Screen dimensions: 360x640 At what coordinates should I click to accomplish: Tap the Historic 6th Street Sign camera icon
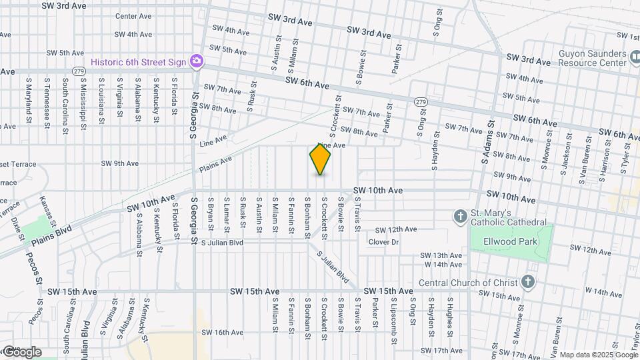click(x=196, y=61)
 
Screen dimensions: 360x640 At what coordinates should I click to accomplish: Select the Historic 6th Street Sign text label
click(x=139, y=61)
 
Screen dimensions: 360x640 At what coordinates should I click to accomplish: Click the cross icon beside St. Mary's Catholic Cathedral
click(x=460, y=217)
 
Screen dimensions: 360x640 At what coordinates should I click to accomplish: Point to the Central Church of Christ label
click(x=468, y=283)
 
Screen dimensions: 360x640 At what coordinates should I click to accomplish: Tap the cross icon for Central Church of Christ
click(x=528, y=282)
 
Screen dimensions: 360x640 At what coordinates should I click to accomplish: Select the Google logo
click(x=21, y=351)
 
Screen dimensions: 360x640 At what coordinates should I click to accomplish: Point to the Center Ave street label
click(x=134, y=16)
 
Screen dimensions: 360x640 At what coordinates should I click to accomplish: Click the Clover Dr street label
click(x=383, y=242)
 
